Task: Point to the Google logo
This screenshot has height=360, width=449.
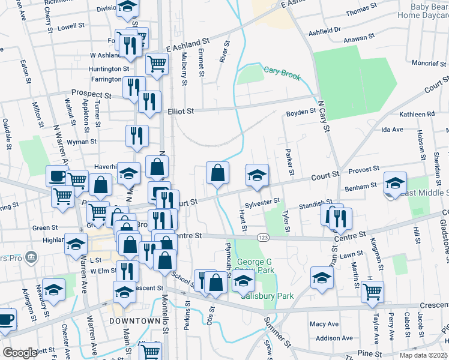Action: click(x=20, y=353)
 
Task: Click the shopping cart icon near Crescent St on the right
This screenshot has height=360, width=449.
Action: click(x=373, y=292)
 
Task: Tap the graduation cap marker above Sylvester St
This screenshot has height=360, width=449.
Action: click(x=257, y=176)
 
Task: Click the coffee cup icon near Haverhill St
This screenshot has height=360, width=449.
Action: click(x=58, y=176)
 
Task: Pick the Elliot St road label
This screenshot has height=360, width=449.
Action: click(x=181, y=111)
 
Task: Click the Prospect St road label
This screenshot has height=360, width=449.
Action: click(x=91, y=94)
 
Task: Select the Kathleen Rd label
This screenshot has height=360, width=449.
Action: click(x=416, y=114)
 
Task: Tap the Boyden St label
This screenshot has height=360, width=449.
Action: click(x=301, y=112)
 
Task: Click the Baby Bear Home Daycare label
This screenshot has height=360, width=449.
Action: click(x=423, y=10)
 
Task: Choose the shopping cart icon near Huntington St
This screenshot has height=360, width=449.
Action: click(x=157, y=62)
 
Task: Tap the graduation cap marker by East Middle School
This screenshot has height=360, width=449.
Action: click(x=396, y=183)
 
